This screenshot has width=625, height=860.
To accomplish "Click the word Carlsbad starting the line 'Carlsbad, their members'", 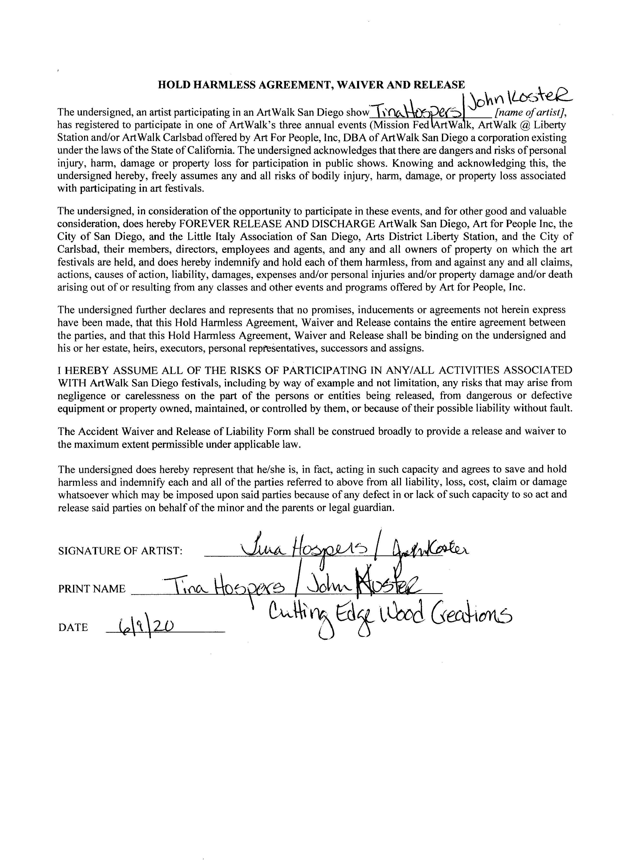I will coord(74,249).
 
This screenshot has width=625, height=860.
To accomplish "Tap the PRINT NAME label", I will coord(91,589).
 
